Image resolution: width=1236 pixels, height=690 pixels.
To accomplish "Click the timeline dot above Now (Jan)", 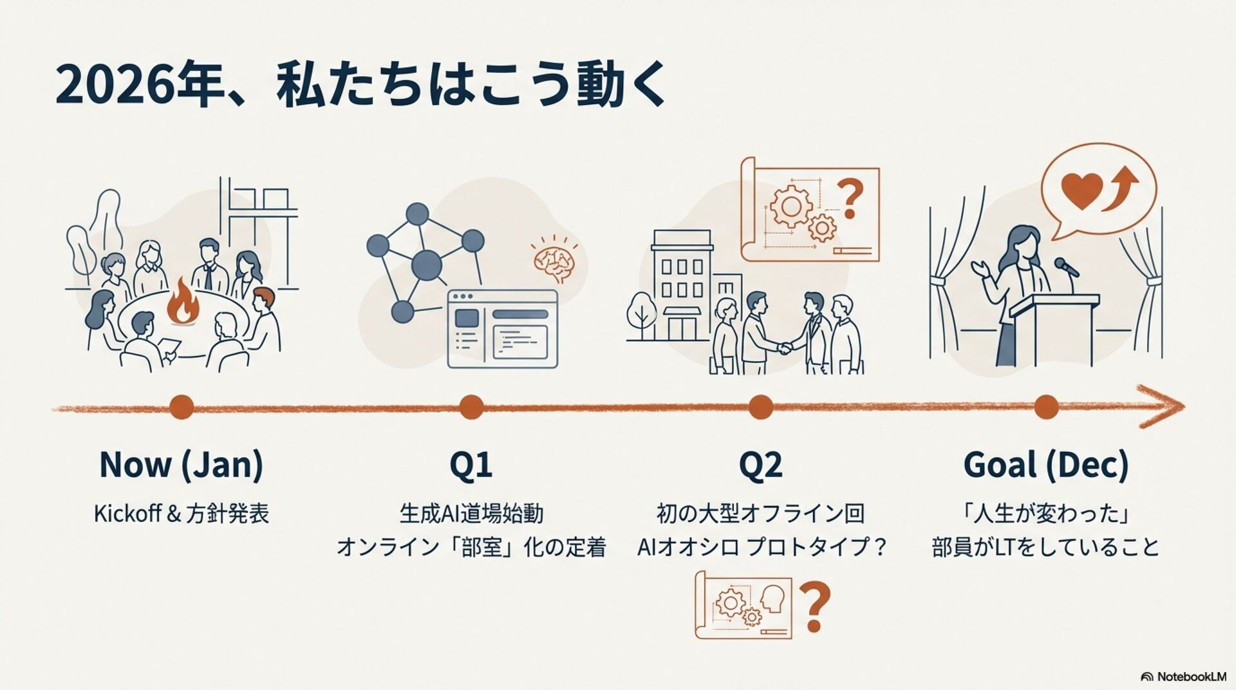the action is (181, 407).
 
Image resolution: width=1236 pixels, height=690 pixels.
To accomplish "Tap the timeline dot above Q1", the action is (471, 407).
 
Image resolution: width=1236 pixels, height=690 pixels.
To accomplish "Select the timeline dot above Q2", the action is (760, 407).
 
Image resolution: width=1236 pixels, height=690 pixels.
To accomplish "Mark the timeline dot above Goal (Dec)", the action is (1046, 407).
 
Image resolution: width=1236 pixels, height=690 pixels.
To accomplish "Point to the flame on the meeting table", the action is (183, 303).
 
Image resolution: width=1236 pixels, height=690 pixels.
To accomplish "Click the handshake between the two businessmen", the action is (784, 349).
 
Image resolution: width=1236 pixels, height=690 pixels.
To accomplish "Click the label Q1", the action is (471, 465).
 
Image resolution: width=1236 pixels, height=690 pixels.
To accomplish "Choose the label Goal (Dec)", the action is (1045, 465).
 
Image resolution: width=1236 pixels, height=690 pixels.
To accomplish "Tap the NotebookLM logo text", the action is (1191, 676).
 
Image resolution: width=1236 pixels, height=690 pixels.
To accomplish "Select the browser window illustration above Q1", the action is (502, 329).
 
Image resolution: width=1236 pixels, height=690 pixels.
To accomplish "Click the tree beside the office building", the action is (641, 314).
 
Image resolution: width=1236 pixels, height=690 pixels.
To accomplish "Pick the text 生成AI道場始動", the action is (471, 514).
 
